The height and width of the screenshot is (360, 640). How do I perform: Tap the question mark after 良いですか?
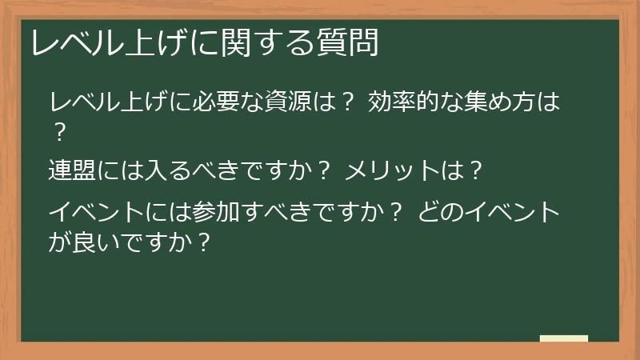[203, 240]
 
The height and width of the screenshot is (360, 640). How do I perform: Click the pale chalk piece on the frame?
[564, 338]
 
